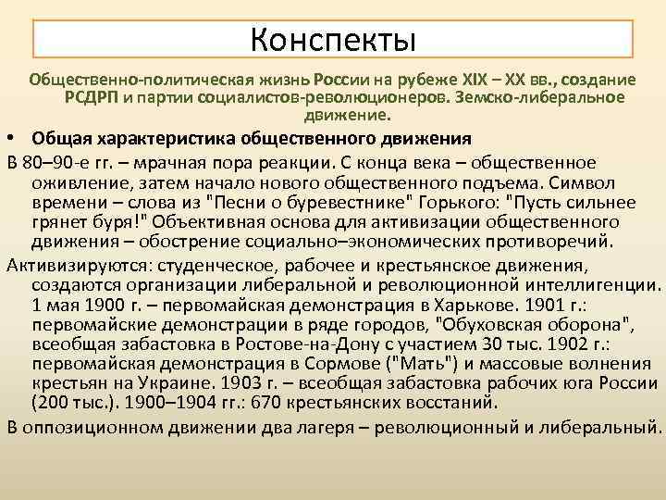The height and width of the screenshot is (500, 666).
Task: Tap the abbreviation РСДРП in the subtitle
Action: [x=92, y=97]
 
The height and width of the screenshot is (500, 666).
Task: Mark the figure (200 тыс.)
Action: [x=72, y=403]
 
